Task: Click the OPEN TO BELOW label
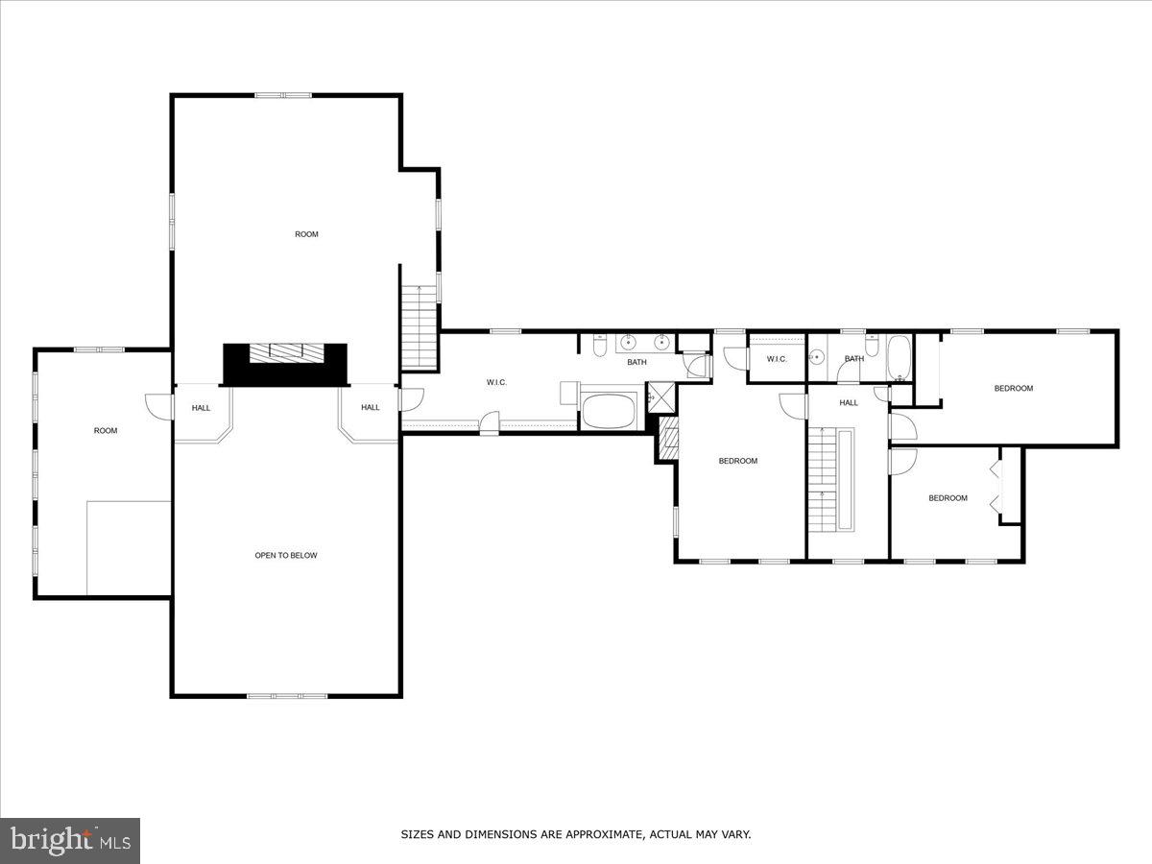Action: [285, 555]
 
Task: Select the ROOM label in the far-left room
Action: [105, 430]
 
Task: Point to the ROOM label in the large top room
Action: [306, 234]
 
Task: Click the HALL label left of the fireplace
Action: [201, 408]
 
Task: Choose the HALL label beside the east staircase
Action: [848, 403]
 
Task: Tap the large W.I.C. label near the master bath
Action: [496, 383]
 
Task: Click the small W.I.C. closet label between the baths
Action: [777, 359]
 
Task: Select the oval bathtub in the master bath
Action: [610, 411]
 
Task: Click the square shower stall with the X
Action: [660, 395]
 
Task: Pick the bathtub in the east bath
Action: [900, 356]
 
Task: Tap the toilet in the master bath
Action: [599, 345]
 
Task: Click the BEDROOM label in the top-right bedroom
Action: [1013, 388]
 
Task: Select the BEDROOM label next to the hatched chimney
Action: [737, 461]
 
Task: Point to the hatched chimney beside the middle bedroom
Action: [667, 439]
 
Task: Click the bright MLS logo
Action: [70, 840]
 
